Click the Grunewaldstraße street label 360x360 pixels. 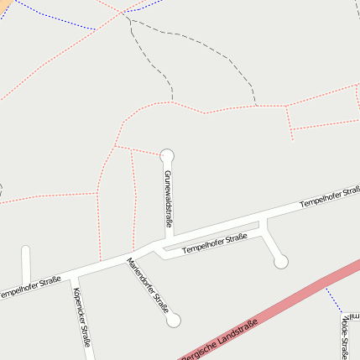point(168,199)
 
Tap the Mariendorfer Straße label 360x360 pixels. point(147,284)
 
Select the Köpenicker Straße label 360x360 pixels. point(81,316)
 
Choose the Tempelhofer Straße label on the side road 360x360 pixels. point(215,243)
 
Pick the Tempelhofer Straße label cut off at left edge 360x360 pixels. point(29,286)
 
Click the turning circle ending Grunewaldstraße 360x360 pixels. point(167,155)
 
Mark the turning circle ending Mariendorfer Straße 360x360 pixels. point(174,320)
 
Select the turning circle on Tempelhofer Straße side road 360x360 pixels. point(281,262)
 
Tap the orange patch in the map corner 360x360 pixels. point(4,4)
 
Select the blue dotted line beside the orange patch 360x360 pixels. point(50,18)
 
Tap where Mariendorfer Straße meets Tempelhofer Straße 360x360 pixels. point(130,255)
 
